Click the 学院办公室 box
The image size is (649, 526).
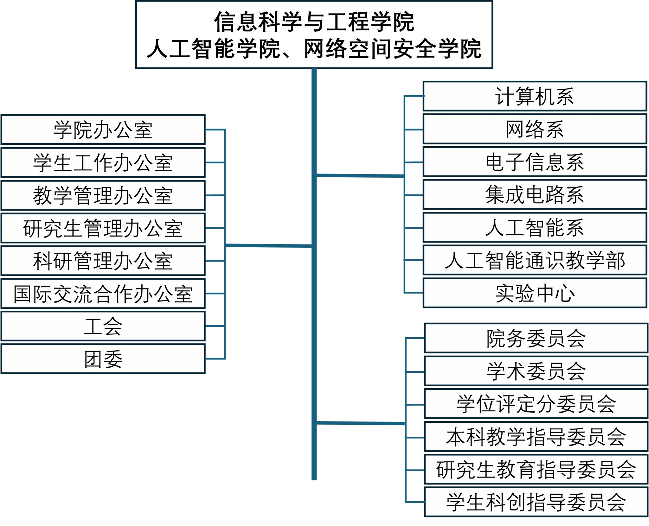coord(103,130)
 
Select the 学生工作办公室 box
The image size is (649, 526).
coord(103,162)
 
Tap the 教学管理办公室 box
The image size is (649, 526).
coord(103,195)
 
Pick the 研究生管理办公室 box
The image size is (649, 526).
coord(103,228)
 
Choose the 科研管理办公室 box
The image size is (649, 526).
coord(103,261)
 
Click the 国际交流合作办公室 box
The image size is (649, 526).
coord(103,294)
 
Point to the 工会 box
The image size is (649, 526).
coord(103,326)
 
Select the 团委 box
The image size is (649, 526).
coord(103,359)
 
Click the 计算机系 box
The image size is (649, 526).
coord(535,96)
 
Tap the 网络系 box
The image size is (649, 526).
coord(535,129)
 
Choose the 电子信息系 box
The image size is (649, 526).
coord(535,162)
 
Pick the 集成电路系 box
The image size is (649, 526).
coord(535,195)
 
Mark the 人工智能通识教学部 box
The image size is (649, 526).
coord(535,260)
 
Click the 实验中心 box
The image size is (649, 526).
coord(535,293)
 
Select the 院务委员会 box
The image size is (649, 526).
coord(536,338)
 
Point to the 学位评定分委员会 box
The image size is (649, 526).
coord(536,404)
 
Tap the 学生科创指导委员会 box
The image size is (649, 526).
coord(536,502)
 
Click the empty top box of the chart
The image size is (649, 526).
coord(314,34)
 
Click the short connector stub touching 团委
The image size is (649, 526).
coord(215,358)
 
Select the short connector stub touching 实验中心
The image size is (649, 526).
coord(414,293)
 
